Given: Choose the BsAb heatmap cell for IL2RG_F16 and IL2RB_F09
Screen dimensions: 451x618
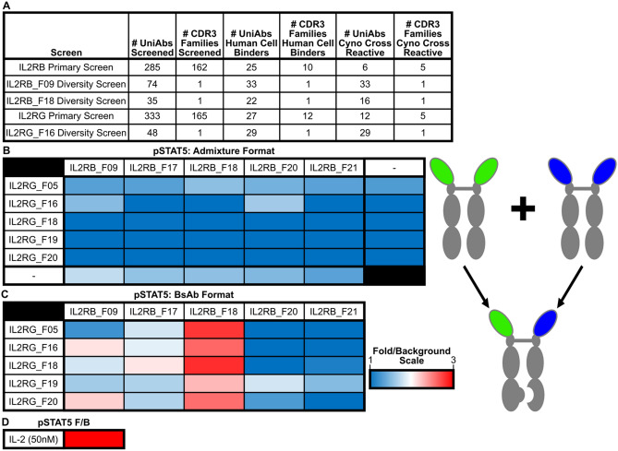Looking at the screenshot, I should click(x=91, y=346).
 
